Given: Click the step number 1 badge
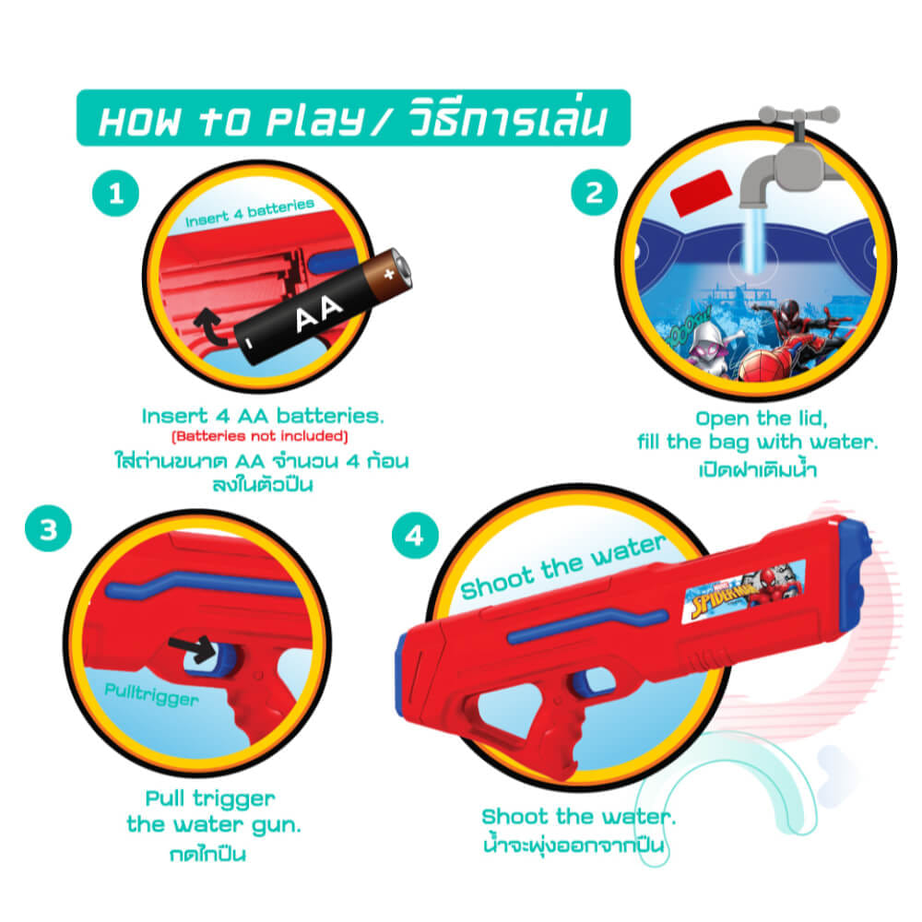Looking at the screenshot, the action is pyautogui.click(x=116, y=194).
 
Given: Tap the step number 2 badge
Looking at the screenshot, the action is pyautogui.click(x=595, y=193).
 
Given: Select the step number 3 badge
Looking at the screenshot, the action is pyautogui.click(x=48, y=528).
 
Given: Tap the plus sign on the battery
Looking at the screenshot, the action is pyautogui.click(x=389, y=274).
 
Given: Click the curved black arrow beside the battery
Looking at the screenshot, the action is pyautogui.click(x=210, y=325).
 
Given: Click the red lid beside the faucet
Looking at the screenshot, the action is pyautogui.click(x=701, y=193).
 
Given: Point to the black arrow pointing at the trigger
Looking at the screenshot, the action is pyautogui.click(x=193, y=648).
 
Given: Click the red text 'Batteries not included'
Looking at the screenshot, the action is pyautogui.click(x=260, y=436).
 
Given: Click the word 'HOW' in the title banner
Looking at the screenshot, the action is pyautogui.click(x=140, y=122).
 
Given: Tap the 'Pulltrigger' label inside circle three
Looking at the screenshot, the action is pyautogui.click(x=152, y=694).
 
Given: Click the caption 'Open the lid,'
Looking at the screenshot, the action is pyautogui.click(x=762, y=419).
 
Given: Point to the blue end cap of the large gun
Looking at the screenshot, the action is pyautogui.click(x=855, y=563).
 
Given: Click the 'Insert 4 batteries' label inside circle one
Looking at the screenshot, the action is pyautogui.click(x=249, y=213).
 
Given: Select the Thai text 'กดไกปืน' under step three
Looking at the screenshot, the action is pyautogui.click(x=207, y=854).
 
